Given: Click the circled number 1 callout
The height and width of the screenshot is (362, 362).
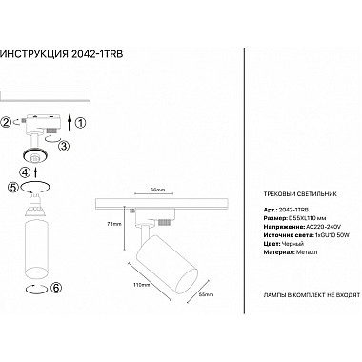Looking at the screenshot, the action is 80,121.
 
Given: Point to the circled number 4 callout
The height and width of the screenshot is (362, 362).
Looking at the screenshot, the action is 25,171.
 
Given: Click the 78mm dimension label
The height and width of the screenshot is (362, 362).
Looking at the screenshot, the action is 113,225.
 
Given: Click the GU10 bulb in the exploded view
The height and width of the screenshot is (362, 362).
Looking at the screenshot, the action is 39,199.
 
